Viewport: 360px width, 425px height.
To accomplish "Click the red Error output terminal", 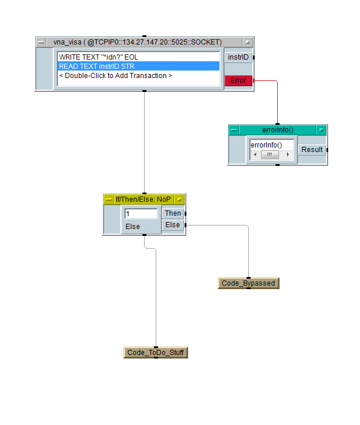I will pos(238,80).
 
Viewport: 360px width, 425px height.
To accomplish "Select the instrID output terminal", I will pos(238,57).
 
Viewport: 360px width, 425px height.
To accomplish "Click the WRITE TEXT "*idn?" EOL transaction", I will pos(98,57).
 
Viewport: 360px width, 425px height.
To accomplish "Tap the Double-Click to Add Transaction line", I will pos(116,76).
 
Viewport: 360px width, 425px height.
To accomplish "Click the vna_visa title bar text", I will pos(138,42).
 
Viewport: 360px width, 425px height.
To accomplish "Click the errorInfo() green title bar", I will pos(278,130).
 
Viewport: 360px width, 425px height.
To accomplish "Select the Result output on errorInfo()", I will pos(312,150).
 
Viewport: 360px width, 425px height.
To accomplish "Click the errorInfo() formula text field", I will pos(271,145).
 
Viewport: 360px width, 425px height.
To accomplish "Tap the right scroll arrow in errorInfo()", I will pos(288,155).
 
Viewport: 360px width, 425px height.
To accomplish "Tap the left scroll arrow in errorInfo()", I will pos(255,155).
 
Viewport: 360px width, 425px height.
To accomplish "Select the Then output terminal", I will pos(172,213).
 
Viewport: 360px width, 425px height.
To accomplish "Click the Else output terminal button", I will pos(172,225).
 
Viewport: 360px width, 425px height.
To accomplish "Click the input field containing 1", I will pos(141,214).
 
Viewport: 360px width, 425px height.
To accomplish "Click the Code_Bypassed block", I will pos(248,283).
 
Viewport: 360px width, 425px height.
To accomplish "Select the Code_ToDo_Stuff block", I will pos(156,353).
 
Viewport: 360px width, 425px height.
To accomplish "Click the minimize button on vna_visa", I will pos(42,42).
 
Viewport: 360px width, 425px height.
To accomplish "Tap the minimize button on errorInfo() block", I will pos(234,130).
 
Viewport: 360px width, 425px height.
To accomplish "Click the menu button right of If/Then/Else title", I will pos(179,199).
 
